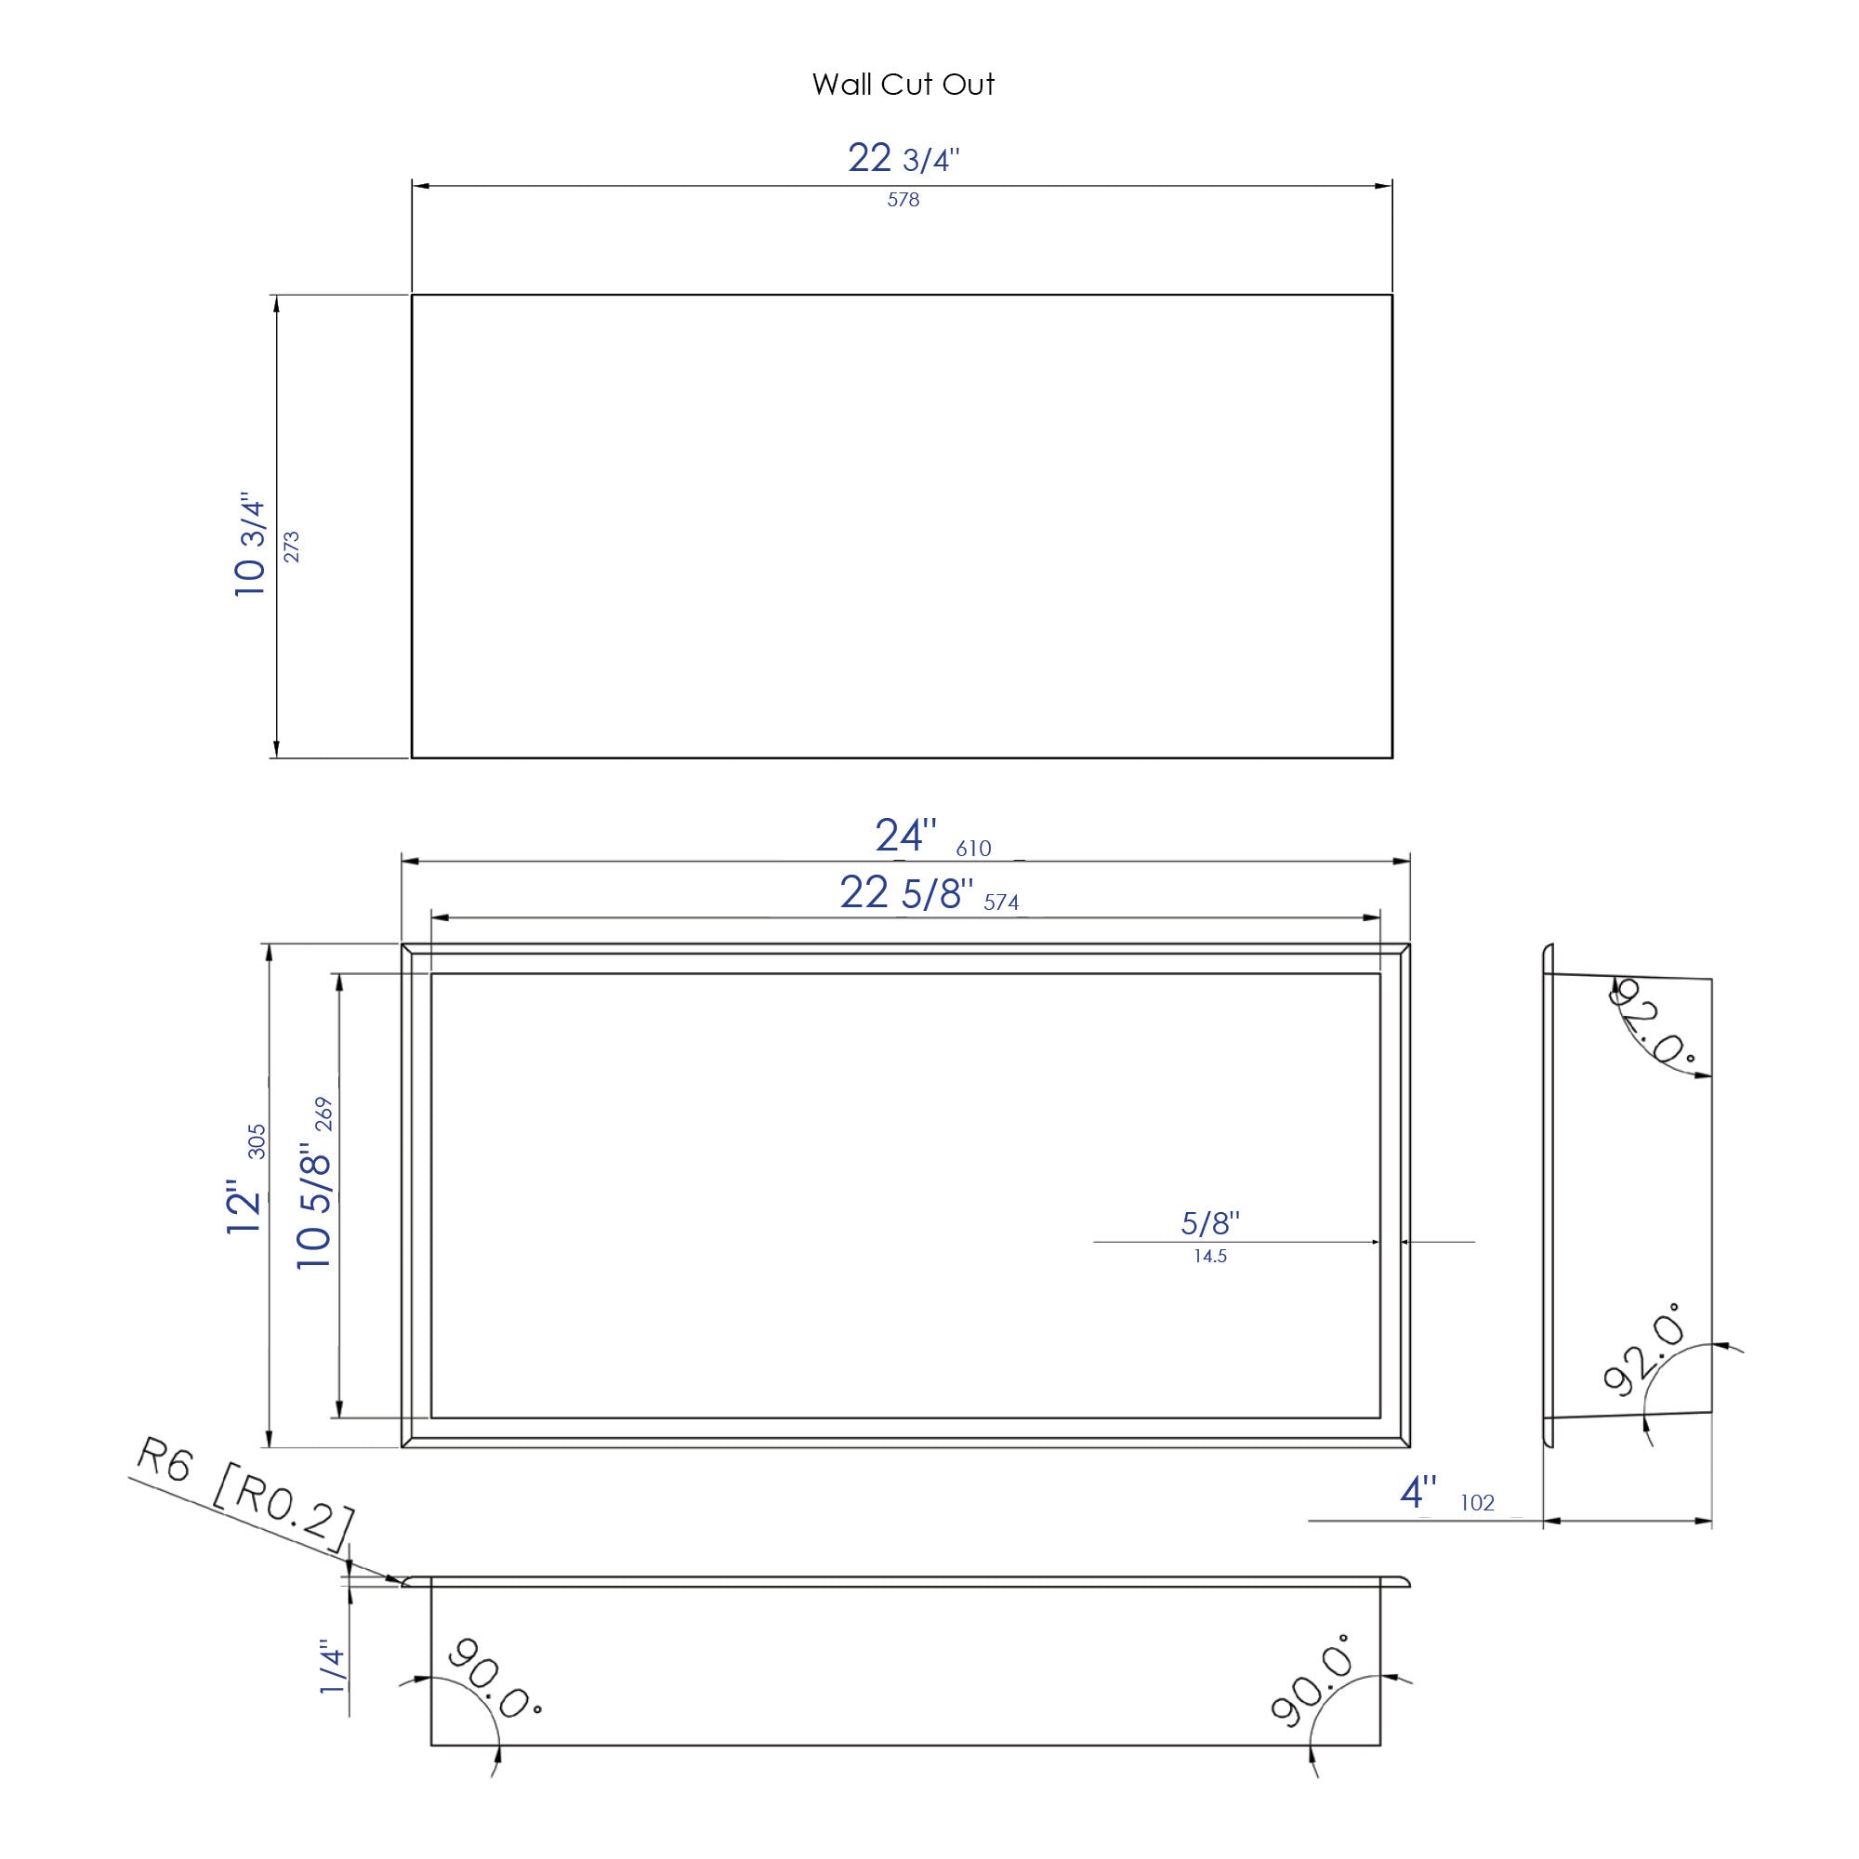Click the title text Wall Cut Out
click(903, 85)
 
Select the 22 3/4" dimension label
click(903, 158)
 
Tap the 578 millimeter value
click(903, 200)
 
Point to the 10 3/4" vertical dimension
click(249, 546)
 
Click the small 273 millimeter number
click(292, 547)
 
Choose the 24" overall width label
click(904, 837)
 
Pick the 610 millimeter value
click(973, 849)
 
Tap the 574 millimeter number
click(1001, 903)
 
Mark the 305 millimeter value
click(257, 1141)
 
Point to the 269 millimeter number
click(323, 1114)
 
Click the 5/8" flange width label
click(1209, 1223)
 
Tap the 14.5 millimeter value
click(1209, 1256)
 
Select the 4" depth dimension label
click(1417, 1494)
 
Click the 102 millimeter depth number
click(1477, 1503)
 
